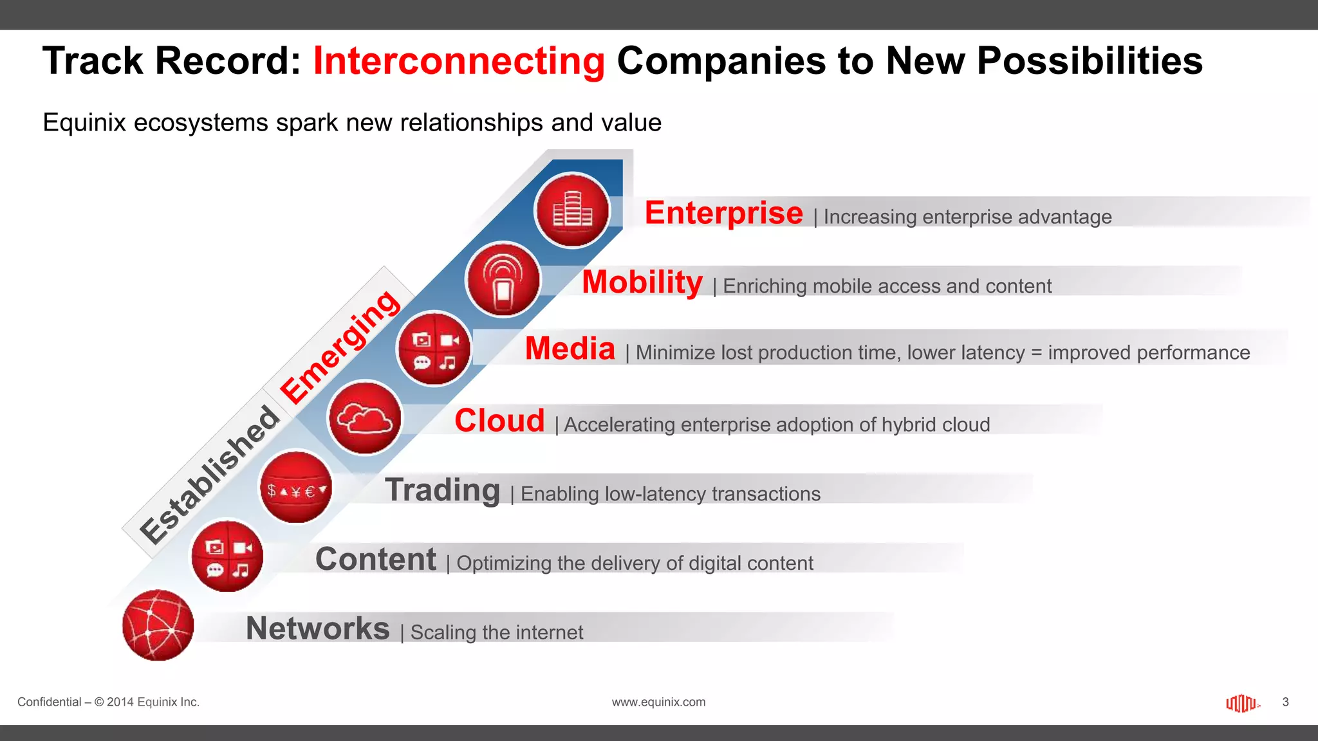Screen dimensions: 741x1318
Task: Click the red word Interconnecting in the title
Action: [x=458, y=61]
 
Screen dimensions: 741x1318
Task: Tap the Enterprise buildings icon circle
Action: [x=572, y=210]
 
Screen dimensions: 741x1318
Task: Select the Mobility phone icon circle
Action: [x=503, y=280]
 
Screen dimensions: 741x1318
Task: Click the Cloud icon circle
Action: [x=365, y=418]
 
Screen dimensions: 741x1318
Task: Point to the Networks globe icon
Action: [x=158, y=625]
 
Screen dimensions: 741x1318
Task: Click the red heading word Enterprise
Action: [x=723, y=213]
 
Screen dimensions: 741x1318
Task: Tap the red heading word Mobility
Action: [x=642, y=282]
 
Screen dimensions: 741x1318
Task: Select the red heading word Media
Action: [x=570, y=349]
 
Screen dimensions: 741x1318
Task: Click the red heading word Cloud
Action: [x=499, y=421]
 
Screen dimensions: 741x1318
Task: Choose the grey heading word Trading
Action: [x=443, y=490]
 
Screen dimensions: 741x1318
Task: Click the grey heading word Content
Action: [x=376, y=559]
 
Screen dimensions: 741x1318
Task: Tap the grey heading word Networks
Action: [x=318, y=628]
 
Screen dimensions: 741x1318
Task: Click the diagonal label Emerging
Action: [x=340, y=347]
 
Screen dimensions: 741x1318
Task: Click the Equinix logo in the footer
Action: [x=1241, y=703]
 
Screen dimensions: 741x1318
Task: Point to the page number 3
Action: [x=1285, y=702]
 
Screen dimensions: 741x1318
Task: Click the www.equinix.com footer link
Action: [x=658, y=702]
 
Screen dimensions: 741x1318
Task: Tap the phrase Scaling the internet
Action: [x=497, y=632]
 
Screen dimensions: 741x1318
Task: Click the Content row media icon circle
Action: [x=227, y=556]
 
